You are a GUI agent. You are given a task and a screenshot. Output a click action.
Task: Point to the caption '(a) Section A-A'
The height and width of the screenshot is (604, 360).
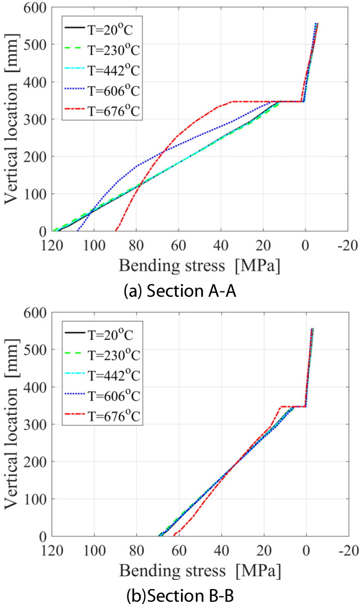coord(180,291)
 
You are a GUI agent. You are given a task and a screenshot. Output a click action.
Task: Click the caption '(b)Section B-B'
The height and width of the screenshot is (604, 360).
coord(180,596)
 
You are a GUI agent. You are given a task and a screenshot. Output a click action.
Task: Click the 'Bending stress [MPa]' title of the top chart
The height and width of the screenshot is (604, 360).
coord(200,266)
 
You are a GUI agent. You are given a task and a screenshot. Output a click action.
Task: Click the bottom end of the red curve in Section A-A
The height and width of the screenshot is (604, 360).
coord(116,230)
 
